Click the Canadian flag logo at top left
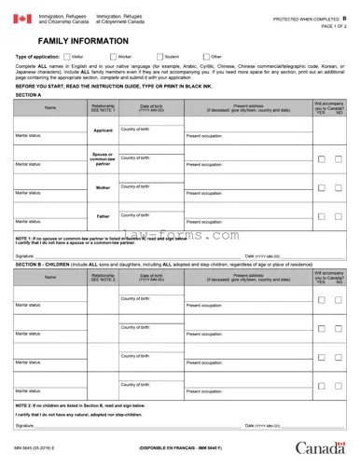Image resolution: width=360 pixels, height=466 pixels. (21, 19)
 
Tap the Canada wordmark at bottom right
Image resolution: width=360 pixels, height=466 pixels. (322, 449)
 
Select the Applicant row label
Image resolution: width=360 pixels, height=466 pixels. (103, 130)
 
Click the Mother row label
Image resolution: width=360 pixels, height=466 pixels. (103, 187)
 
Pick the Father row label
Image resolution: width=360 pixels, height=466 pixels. (103, 216)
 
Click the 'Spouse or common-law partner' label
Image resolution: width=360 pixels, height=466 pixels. (103, 158)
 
